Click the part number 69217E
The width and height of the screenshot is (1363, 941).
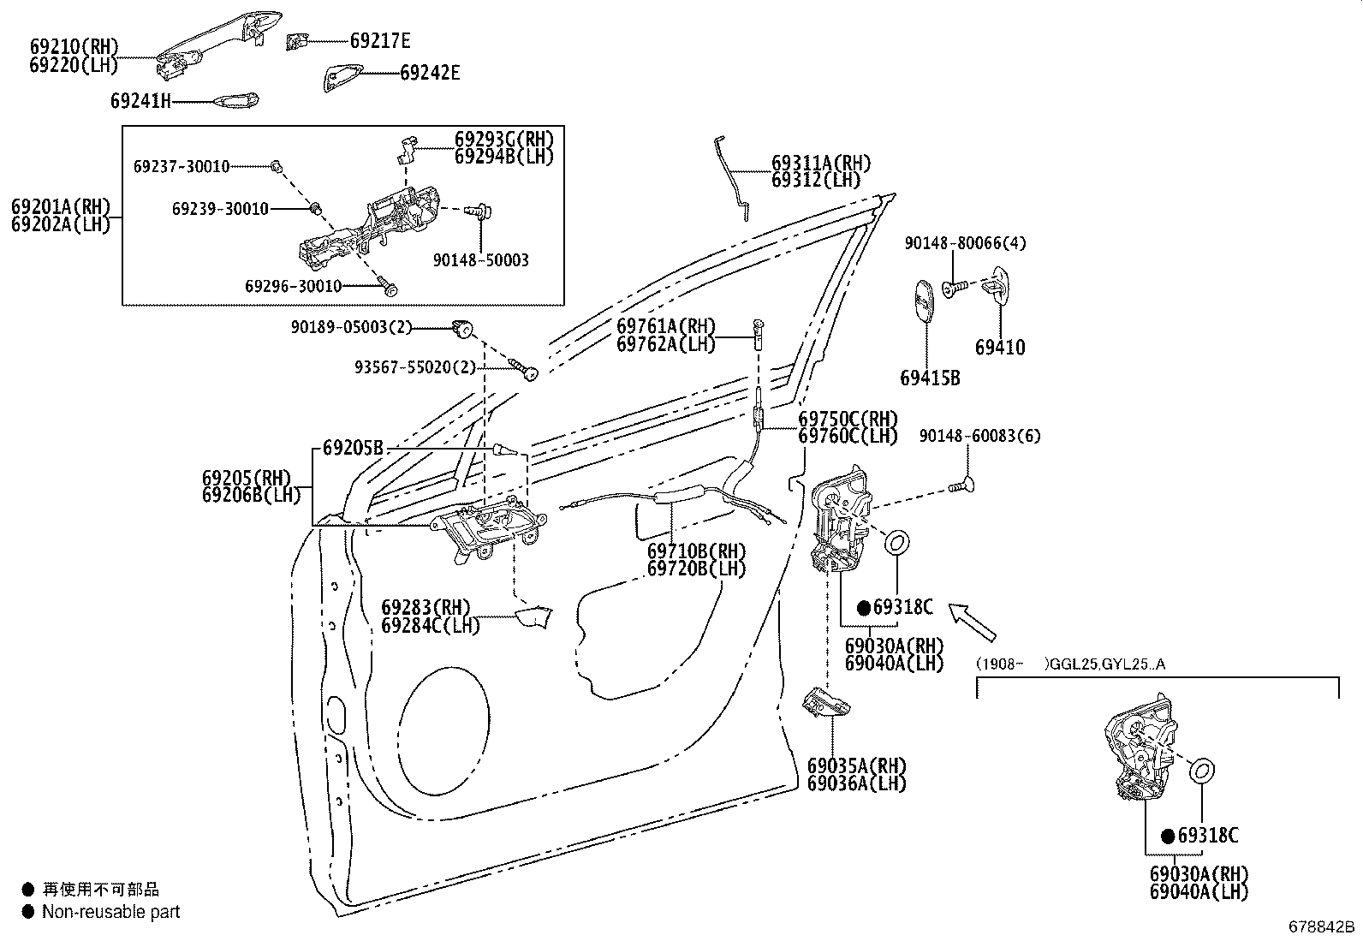[x=380, y=40]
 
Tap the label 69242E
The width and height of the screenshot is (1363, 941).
[x=430, y=73]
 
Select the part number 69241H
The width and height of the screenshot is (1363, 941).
[x=140, y=101]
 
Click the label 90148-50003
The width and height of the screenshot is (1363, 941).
[x=481, y=260]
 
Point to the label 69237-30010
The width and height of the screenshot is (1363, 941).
[x=182, y=166]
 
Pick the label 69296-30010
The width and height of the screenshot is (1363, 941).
[x=293, y=286]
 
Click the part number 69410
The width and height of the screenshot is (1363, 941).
[x=1000, y=348]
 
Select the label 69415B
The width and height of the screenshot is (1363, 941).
[x=930, y=378]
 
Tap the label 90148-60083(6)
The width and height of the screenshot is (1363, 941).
[x=980, y=436]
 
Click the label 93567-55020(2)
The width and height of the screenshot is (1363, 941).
[x=415, y=367]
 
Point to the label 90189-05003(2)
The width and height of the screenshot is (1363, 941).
[x=351, y=326]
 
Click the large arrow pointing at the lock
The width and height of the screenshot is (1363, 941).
[x=973, y=622]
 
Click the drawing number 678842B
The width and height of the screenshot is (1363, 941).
[x=1322, y=926]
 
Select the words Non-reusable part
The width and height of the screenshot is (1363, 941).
[x=111, y=912]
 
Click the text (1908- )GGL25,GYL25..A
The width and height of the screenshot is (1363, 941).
[x=1070, y=664]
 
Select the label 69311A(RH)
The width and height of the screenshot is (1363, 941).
[x=821, y=163]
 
